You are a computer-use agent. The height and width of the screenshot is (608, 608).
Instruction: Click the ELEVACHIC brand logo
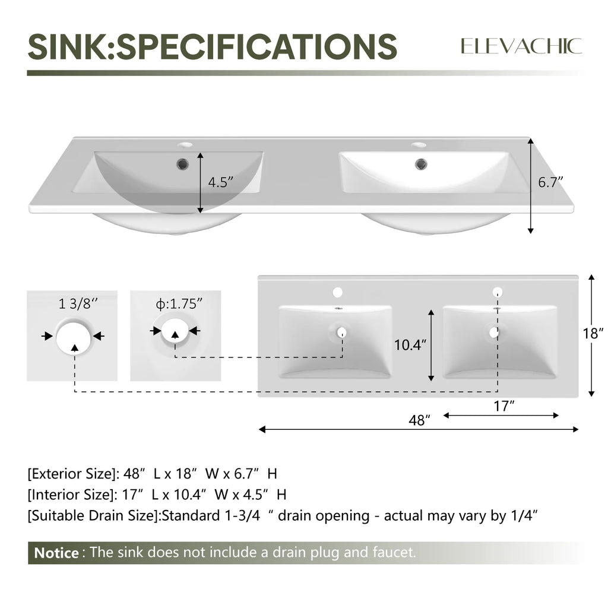tap(521, 46)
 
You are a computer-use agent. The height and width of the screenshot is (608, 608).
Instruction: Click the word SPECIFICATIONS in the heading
tap(257, 46)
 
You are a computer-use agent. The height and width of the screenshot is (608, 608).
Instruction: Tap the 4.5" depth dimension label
tap(221, 182)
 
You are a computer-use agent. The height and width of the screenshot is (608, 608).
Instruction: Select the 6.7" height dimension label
tap(550, 182)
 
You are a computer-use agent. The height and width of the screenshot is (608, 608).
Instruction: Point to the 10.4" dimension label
tap(410, 344)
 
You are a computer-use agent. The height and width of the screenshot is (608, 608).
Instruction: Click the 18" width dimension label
tap(593, 333)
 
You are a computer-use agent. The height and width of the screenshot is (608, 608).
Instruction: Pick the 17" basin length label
tap(503, 406)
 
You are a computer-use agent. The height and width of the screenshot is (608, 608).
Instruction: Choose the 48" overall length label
tap(420, 420)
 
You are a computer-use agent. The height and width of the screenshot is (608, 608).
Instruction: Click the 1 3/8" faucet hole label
tap(78, 303)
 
